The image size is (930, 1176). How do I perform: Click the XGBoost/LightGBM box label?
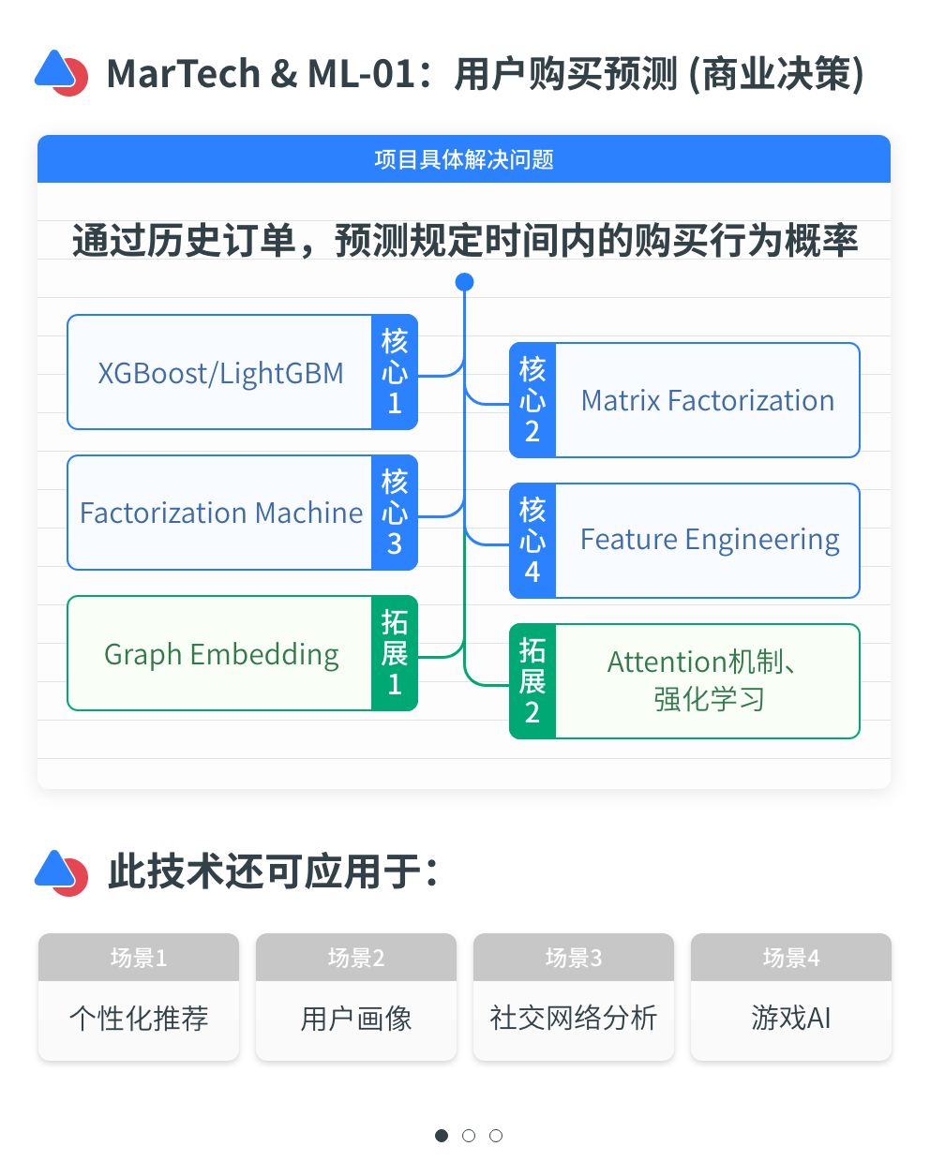(220, 373)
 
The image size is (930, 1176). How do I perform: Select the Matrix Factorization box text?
(707, 401)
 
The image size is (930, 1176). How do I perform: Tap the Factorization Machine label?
(221, 514)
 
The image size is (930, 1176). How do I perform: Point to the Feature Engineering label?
(709, 541)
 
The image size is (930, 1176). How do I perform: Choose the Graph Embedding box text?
(221, 654)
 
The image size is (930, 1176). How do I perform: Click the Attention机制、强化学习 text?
(707, 680)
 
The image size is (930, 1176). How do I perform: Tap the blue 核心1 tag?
(395, 372)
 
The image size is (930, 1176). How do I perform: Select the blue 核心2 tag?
(532, 400)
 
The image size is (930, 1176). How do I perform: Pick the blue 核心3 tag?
(395, 513)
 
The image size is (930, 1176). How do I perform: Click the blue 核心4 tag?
(532, 541)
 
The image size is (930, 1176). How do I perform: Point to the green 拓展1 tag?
(395, 653)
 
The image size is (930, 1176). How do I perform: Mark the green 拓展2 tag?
(532, 681)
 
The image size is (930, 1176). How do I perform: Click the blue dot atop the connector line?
(464, 282)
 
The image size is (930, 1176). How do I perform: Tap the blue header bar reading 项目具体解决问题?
(464, 159)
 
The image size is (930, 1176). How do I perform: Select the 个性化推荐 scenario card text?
(139, 1019)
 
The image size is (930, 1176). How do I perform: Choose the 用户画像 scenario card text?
(356, 1019)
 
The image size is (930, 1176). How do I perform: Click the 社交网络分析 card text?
(574, 1019)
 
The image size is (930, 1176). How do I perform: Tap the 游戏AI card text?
(791, 1019)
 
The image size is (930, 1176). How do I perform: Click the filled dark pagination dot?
(442, 1136)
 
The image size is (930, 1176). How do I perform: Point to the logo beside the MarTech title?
(62, 73)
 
